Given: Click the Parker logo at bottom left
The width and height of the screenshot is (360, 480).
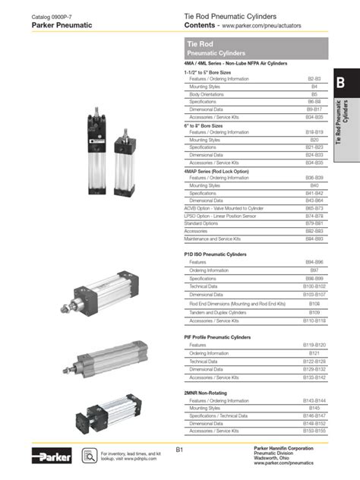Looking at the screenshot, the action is (52, 456).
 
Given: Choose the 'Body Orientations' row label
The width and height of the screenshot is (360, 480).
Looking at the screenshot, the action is (206, 94).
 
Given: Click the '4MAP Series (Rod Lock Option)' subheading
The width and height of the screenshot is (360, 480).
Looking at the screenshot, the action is (216, 171).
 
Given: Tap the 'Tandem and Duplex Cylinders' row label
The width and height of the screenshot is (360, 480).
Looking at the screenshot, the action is (217, 311).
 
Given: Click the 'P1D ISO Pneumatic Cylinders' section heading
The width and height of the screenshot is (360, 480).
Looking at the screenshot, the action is (216, 254).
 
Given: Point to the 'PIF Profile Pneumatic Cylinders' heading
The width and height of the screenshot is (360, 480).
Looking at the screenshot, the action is (219, 336).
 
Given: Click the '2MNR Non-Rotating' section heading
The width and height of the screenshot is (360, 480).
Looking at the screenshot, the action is (205, 393).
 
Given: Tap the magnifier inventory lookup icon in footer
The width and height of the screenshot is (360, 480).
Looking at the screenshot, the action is (87, 456).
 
